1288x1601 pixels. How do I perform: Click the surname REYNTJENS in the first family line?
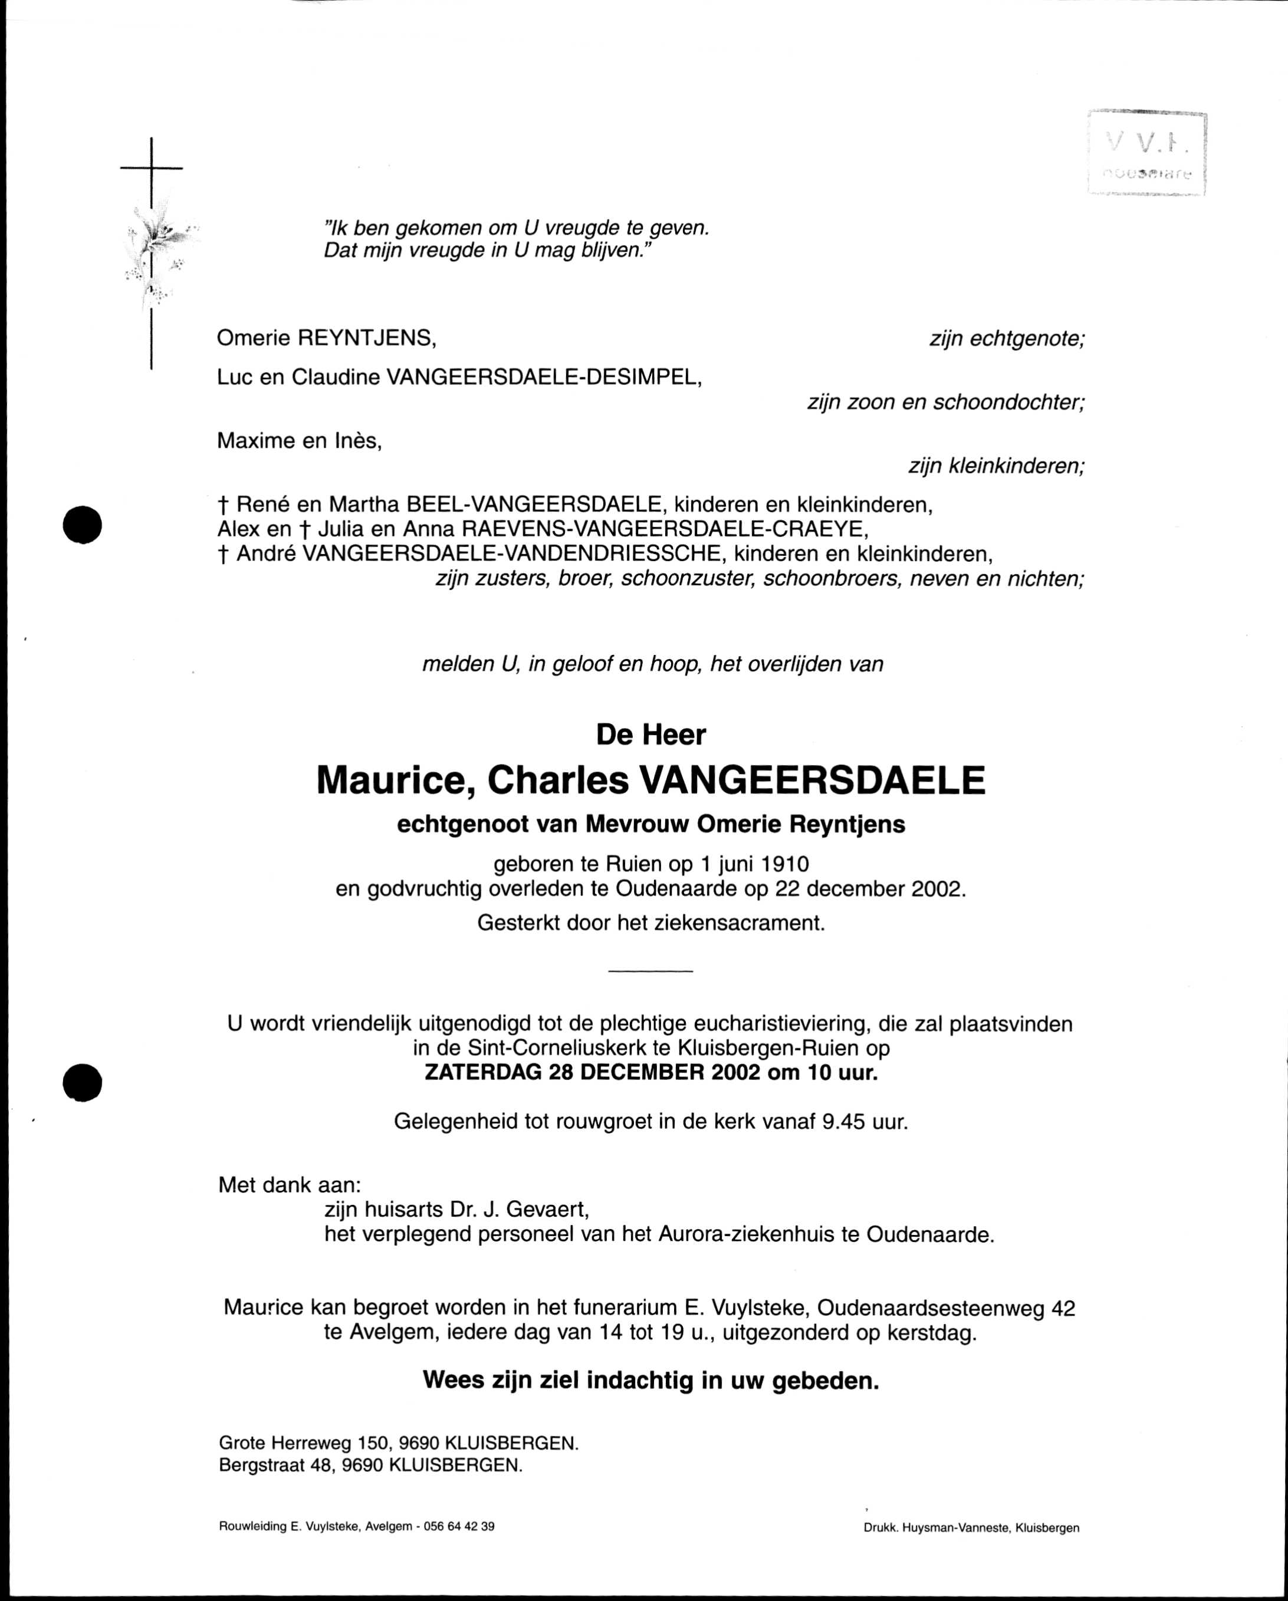coord(366,338)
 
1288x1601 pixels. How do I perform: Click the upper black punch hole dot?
coord(82,525)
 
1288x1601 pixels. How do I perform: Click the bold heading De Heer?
coord(650,735)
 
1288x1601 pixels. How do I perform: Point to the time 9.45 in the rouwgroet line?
coord(844,1121)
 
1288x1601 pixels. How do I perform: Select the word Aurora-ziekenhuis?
coord(747,1234)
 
